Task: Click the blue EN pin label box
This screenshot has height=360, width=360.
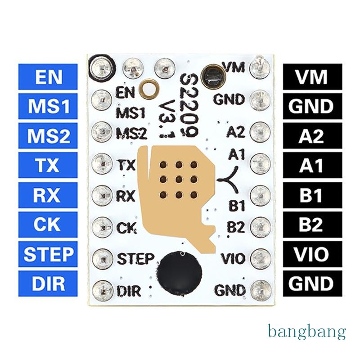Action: coord(48,76)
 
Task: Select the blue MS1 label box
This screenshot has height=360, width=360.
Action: coord(48,106)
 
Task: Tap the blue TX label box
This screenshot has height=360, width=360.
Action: coord(48,165)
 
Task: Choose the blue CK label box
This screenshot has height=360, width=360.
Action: coord(48,224)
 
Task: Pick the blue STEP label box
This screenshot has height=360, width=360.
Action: coord(48,254)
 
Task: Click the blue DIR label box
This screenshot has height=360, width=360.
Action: coord(48,283)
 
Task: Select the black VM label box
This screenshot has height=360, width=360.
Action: coord(312,76)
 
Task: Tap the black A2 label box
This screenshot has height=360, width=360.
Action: coord(312,136)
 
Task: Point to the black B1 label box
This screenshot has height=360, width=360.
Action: coord(312,195)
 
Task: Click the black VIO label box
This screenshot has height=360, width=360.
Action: coord(312,254)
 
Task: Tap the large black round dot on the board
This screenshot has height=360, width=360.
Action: coord(180,273)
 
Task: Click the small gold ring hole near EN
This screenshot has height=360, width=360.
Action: coord(151,88)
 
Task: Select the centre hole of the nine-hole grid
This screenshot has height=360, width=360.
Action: coord(179,180)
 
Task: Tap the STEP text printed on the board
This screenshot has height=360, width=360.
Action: coord(135,259)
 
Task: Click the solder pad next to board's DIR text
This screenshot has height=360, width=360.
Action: coord(103,291)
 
